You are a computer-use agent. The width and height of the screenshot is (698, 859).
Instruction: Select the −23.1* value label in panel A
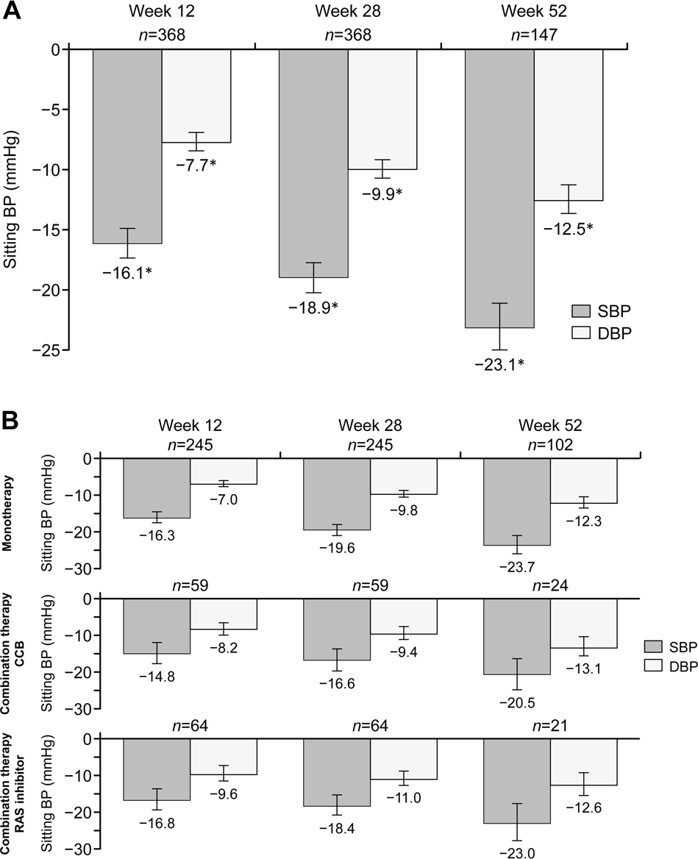499,362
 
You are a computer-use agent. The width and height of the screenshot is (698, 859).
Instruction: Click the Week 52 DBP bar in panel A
568,124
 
